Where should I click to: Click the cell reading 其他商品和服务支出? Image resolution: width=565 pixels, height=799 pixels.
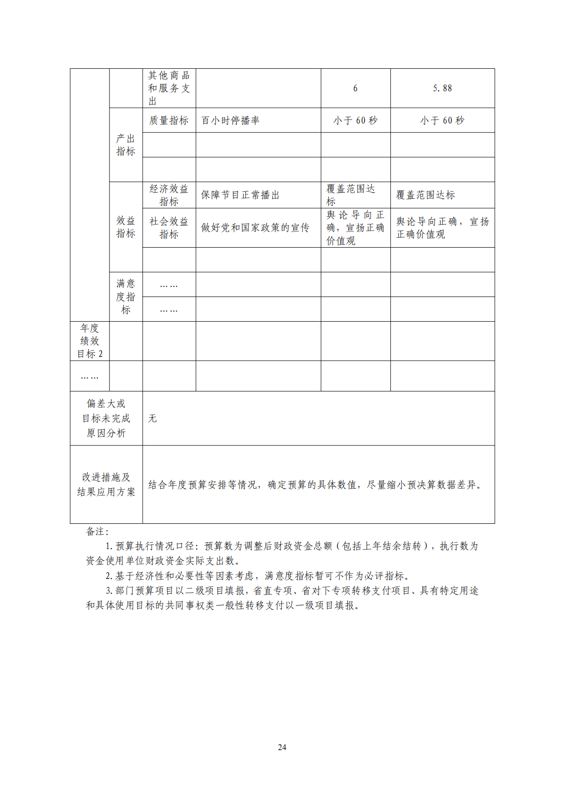(169, 88)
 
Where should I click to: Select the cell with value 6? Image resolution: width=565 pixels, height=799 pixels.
(355, 88)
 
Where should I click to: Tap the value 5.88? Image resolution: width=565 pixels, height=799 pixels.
(442, 88)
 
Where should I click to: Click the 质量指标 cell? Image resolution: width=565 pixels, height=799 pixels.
(169, 121)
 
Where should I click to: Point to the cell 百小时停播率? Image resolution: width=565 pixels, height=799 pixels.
(231, 121)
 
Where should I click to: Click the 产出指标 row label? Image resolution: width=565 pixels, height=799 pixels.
(126, 145)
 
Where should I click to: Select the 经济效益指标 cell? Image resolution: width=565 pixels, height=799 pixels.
(169, 195)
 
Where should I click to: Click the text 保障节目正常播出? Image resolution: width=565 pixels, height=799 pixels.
(240, 195)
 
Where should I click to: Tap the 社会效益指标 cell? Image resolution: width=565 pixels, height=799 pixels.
(169, 228)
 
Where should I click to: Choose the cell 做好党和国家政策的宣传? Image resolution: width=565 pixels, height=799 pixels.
(255, 228)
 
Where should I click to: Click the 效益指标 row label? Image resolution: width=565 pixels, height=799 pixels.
(126, 227)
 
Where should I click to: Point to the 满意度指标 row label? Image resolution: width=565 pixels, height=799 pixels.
(126, 297)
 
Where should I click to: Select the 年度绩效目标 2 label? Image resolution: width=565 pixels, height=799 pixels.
(90, 341)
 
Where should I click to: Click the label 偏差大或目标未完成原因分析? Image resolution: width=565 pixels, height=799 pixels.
(106, 418)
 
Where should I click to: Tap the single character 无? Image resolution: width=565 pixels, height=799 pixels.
(152, 418)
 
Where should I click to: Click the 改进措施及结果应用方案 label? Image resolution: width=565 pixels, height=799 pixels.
(106, 484)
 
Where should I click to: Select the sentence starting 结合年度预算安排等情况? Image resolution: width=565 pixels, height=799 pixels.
(315, 485)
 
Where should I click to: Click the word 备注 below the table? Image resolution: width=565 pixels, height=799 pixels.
(97, 531)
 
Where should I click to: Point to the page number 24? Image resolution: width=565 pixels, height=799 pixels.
(282, 747)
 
